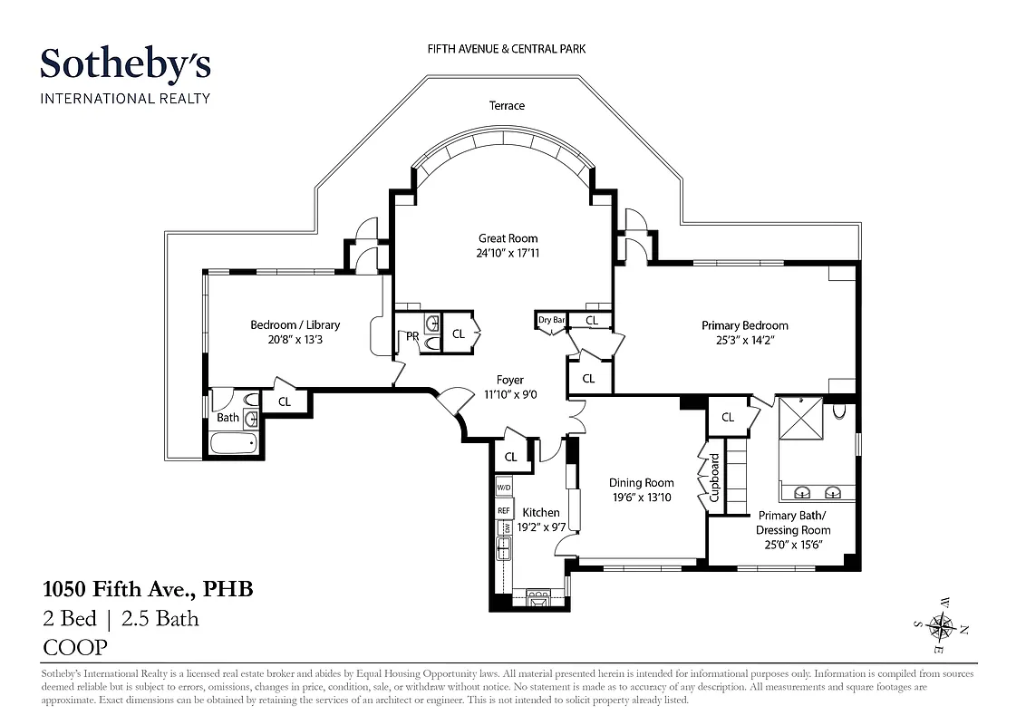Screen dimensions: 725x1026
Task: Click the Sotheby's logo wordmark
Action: tap(125, 65)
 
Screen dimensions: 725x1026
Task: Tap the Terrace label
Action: tap(507, 106)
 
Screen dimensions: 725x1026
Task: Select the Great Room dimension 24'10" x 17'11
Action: tap(508, 254)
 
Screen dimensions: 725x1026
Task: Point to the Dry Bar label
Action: tap(551, 320)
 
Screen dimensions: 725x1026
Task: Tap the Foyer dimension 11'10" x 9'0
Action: tap(509, 395)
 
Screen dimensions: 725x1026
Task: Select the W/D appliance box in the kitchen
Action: tap(504, 488)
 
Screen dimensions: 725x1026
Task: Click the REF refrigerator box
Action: tap(504, 511)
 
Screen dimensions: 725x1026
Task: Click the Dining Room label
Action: tap(641, 483)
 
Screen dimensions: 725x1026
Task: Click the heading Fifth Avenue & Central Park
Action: tap(507, 48)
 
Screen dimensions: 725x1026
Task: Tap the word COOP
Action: tap(75, 647)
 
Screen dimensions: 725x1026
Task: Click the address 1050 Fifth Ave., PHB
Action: tap(148, 590)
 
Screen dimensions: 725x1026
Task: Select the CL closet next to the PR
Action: tap(458, 334)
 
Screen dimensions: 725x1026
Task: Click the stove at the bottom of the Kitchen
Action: tap(537, 598)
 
